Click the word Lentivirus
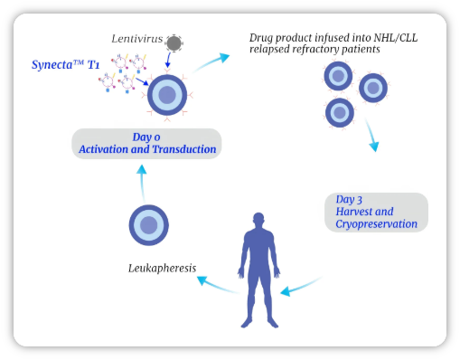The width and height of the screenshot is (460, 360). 136,39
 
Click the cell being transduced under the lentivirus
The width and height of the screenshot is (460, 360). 167,94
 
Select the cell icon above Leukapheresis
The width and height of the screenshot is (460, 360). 149,224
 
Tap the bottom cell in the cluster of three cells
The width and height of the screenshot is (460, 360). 339,112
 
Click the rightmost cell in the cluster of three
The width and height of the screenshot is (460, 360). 373,88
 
